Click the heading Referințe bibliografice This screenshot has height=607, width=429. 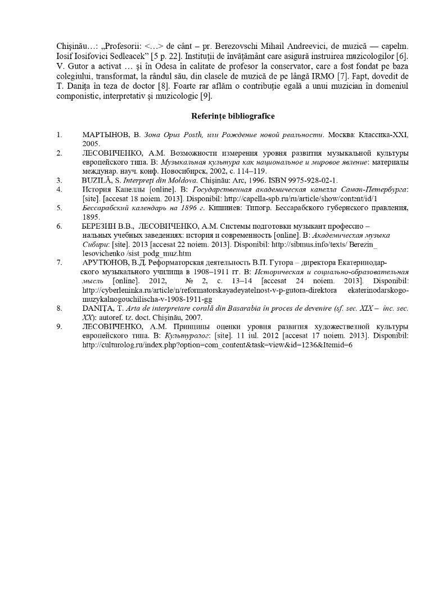(232, 116)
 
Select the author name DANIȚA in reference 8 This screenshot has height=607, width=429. (97, 308)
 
